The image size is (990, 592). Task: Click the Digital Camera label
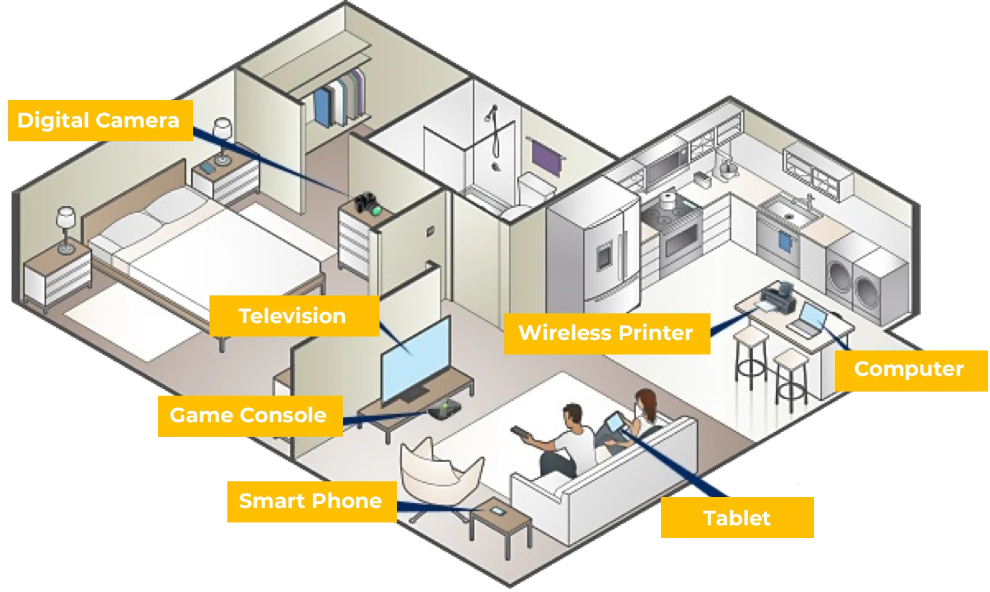100,120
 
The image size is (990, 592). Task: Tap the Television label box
295,316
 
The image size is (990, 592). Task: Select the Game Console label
250,416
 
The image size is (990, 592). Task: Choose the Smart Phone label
312,502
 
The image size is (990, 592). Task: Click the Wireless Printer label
607,334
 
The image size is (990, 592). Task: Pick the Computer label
911,371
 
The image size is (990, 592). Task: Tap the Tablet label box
737,518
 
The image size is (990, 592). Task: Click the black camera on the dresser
367,204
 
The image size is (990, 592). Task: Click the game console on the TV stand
444,410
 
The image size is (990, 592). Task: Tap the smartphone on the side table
497,511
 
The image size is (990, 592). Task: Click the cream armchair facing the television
440,472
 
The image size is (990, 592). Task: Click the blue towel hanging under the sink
785,242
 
